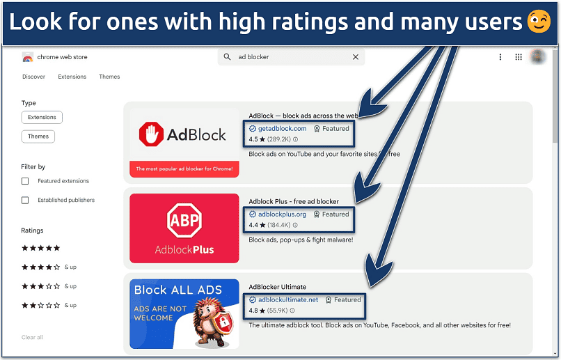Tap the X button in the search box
pos(355,57)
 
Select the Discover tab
pos(33,77)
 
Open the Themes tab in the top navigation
pos(109,77)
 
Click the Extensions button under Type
pos(42,117)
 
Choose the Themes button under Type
pos(38,136)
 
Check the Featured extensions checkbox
pos(25,181)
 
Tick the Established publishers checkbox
pos(25,201)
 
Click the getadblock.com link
pos(282,129)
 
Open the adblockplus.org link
pos(282,214)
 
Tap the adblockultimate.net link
pos(287,300)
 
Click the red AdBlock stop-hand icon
pos(150,135)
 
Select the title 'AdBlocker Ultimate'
pos(277,287)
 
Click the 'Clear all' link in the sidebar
pos(32,338)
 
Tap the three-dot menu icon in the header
pos(500,57)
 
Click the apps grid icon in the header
pos(519,57)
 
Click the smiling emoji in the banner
pos(539,22)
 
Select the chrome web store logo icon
pos(27,57)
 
